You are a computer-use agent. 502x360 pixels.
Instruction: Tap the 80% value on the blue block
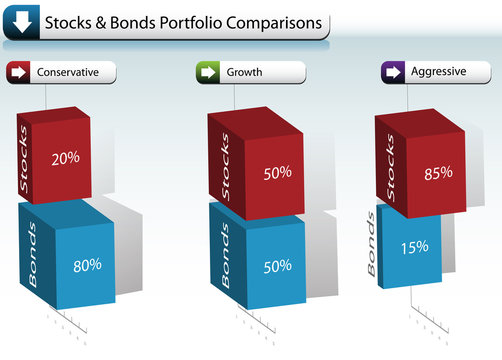[87, 266]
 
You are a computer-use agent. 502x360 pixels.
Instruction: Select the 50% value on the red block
[277, 172]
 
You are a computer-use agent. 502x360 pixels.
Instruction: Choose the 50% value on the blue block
[277, 266]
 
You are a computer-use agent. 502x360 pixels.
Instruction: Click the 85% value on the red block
[438, 172]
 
